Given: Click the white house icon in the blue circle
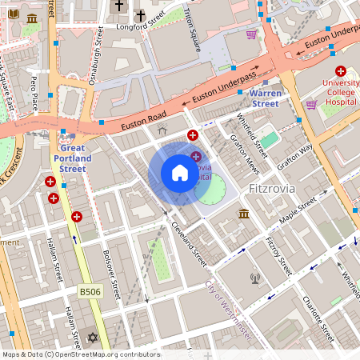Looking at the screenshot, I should coord(180,173).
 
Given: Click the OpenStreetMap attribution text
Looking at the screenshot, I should coord(81,354).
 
